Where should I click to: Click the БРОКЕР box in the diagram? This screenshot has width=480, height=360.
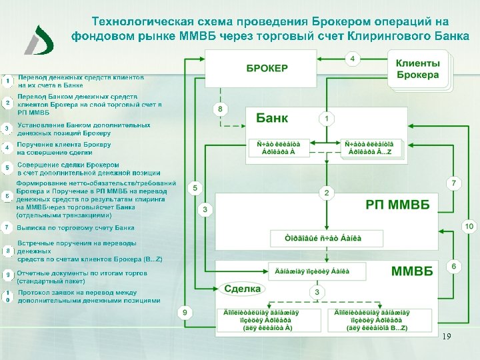tap(267, 68)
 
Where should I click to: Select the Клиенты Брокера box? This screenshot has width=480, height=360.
tap(418, 69)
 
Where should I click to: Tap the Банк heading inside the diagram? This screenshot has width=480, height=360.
tap(272, 118)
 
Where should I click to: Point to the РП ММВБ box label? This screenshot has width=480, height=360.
tap(398, 204)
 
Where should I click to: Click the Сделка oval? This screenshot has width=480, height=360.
tap(242, 289)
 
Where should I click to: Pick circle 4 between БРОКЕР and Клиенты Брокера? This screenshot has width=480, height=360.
tap(353, 59)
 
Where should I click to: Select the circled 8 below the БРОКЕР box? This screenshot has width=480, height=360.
tap(220, 109)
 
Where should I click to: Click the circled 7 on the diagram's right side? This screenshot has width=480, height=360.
tap(453, 182)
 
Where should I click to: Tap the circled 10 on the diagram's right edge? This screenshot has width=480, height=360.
tap(469, 227)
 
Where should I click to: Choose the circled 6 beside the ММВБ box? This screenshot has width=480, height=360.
tap(454, 267)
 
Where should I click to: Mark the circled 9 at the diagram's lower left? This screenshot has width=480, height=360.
tap(185, 311)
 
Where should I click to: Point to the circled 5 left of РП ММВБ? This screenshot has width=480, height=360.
tap(195, 189)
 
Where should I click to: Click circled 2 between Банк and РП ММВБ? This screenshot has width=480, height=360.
tap(327, 193)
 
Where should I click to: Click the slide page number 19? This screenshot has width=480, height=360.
tap(447, 337)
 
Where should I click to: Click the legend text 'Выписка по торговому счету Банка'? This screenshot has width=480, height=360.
tap(75, 228)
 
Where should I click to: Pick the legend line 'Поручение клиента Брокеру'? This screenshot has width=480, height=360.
tap(64, 144)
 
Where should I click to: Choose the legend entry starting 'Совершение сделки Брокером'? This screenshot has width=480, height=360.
tap(68, 164)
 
